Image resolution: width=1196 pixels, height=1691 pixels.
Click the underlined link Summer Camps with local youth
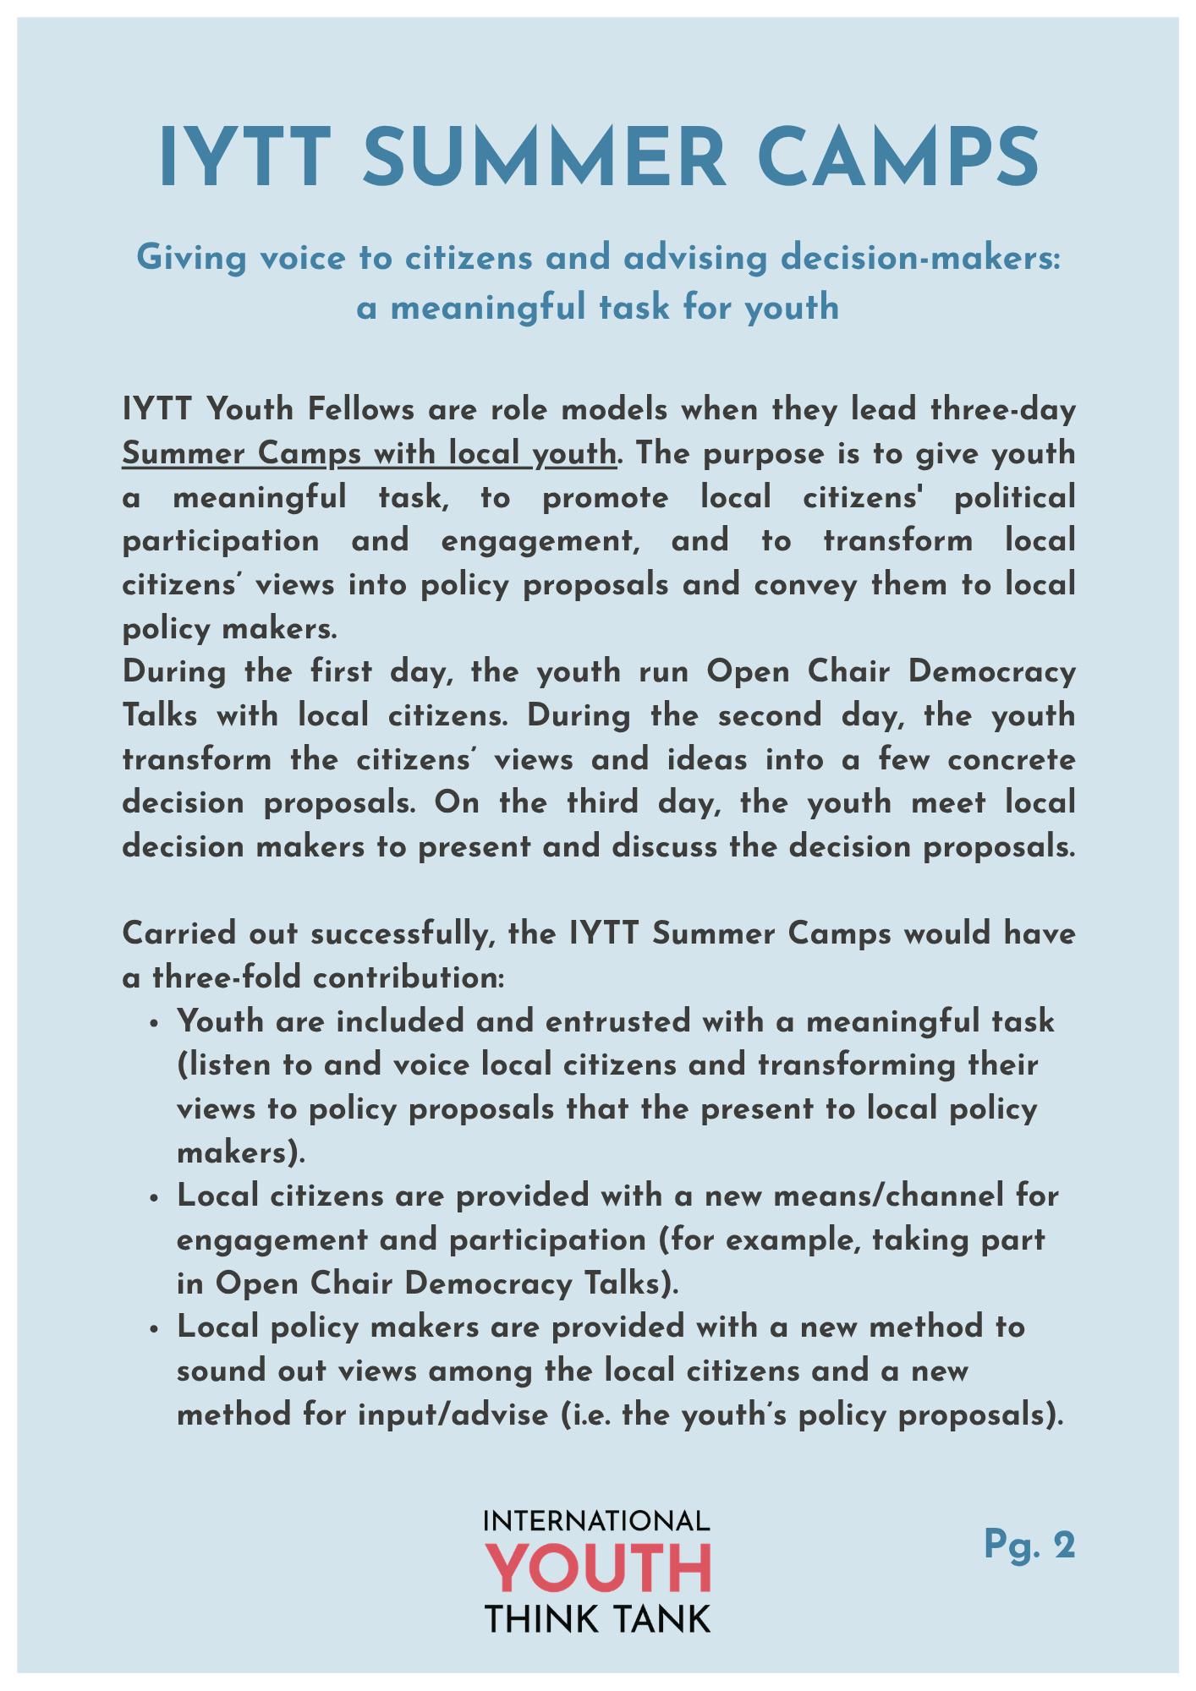click(370, 454)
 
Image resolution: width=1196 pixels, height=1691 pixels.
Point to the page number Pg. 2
click(1029, 1545)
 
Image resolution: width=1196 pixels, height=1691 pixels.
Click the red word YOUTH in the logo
click(598, 1569)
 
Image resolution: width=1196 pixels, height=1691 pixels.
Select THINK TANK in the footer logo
click(598, 1620)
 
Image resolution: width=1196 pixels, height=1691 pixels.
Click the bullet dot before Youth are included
click(154, 1024)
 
